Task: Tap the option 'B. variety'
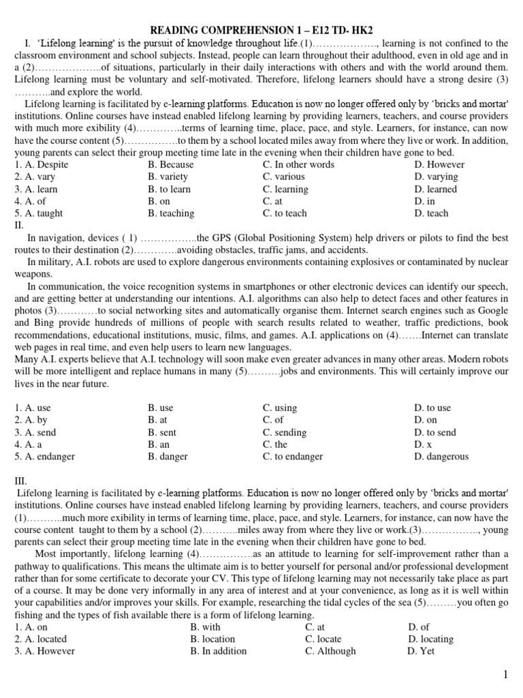[x=168, y=177]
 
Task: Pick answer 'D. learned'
[x=435, y=189]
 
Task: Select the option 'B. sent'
[x=162, y=432]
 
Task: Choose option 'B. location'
[x=212, y=639]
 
